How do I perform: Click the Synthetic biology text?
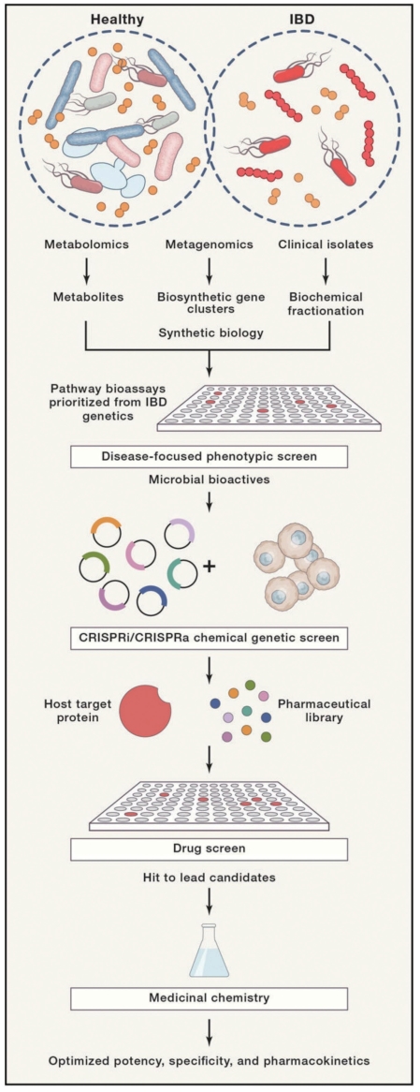click(x=210, y=332)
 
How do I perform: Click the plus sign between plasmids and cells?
click(x=209, y=566)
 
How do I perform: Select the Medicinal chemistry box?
click(x=210, y=998)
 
